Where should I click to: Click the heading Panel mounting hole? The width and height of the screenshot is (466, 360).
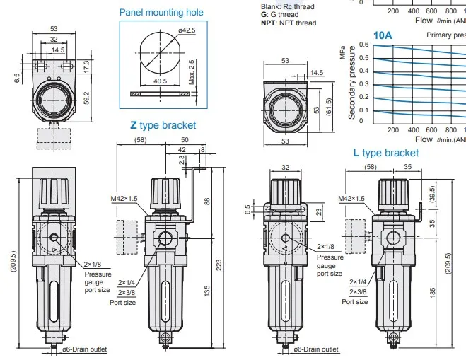(x=161, y=13)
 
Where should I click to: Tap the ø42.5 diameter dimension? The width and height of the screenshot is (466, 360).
(x=187, y=30)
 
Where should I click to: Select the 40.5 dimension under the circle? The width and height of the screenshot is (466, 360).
(x=161, y=81)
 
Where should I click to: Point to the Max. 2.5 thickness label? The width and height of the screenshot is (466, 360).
(x=192, y=72)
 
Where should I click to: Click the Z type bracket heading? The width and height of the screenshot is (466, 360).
(x=163, y=125)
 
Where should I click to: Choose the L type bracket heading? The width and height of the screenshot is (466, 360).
(x=386, y=153)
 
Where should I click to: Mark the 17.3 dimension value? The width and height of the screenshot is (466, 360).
(x=86, y=66)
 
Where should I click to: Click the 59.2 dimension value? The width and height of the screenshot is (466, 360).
(x=86, y=98)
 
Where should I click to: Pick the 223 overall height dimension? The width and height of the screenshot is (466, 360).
(x=219, y=265)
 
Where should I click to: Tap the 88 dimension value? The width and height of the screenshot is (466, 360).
(x=207, y=202)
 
